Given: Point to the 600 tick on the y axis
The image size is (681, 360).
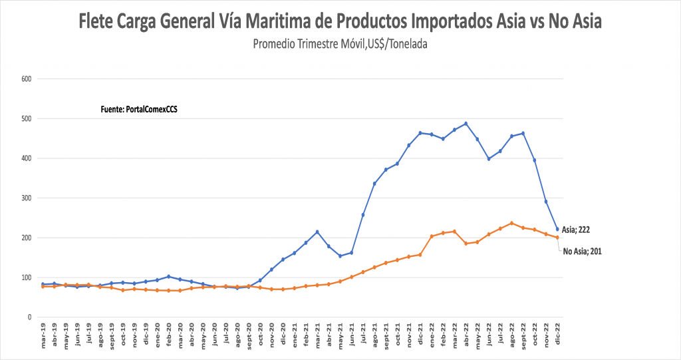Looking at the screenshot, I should point(27,79).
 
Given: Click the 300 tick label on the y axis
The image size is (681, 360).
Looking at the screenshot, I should point(27,198).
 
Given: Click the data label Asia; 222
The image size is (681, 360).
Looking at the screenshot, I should point(576,230).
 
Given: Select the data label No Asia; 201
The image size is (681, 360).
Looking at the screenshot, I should point(583,252).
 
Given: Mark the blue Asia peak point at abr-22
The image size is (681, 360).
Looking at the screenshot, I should point(466,123).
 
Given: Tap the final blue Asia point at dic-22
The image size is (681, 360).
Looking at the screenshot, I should point(557,229).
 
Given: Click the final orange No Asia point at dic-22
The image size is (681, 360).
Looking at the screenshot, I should point(557,238).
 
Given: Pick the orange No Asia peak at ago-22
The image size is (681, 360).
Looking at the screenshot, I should point(511,223).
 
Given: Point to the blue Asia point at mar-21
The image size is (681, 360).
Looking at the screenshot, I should point(317,232).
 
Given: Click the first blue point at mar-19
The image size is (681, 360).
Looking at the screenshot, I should point(43,284).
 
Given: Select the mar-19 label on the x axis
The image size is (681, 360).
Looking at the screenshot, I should point(43,335).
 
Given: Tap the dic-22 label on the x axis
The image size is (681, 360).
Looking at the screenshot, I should point(557,335).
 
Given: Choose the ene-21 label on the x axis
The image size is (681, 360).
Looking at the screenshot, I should point(295,335).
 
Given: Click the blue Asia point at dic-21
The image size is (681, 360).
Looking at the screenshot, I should point(420,133).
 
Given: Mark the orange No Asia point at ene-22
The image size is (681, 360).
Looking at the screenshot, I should point(432,236).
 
